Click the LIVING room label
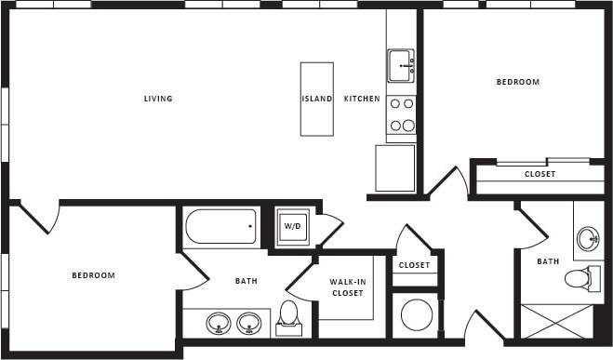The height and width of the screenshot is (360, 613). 158,100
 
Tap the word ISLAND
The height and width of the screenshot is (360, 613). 316,100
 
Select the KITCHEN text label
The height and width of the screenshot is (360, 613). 362,100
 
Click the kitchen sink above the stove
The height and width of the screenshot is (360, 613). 401,65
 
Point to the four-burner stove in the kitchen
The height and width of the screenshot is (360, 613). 401,115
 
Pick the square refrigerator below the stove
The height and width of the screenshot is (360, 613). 395,167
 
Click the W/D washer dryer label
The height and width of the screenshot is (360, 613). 292,226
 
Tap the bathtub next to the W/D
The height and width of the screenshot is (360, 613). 220,226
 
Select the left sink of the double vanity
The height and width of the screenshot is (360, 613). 219,323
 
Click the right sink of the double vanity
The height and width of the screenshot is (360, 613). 247,323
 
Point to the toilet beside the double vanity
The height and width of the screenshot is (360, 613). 288,315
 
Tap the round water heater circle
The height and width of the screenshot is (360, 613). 415,314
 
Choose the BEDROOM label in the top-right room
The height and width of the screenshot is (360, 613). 517,82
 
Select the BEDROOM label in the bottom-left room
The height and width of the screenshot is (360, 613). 93,275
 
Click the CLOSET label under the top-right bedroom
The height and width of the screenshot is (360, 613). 540,174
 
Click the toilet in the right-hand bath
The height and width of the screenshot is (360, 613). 579,277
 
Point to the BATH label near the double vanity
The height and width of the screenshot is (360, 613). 247,281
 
